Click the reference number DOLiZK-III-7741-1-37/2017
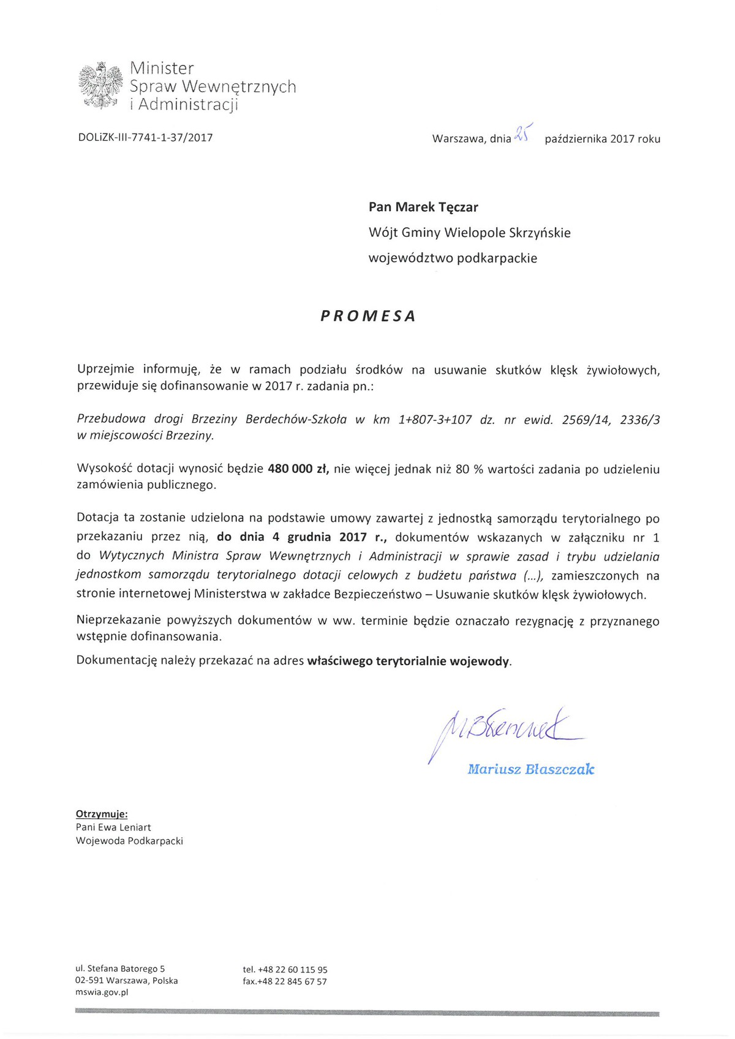[x=145, y=138]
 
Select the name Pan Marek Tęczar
[x=423, y=207]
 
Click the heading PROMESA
[x=368, y=316]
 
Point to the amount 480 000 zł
[x=298, y=469]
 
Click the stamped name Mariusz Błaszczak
[x=530, y=769]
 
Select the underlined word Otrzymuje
[x=102, y=814]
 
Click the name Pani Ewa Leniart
[x=113, y=827]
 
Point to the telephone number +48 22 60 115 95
[x=293, y=969]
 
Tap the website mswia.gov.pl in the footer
[x=102, y=992]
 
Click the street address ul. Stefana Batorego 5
[x=120, y=969]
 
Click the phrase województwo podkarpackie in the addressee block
[x=453, y=258]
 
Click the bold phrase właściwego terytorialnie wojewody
[x=409, y=661]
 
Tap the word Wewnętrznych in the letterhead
[x=239, y=86]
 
